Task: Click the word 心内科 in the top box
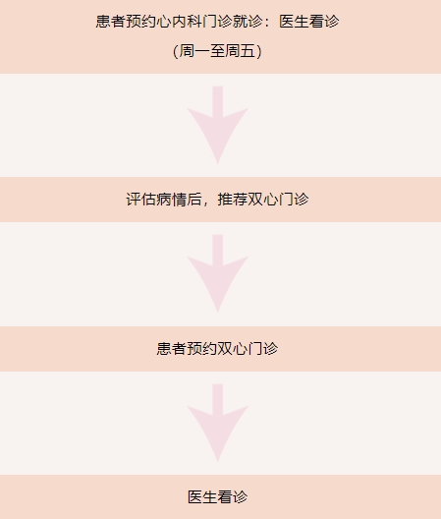click(x=180, y=22)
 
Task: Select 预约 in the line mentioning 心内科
click(x=141, y=22)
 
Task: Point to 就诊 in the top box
click(x=248, y=22)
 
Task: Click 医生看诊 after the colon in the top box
click(x=309, y=22)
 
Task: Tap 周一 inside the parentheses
click(x=194, y=51)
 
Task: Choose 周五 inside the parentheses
click(x=241, y=51)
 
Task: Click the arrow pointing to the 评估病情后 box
click(x=218, y=125)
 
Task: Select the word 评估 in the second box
click(x=141, y=200)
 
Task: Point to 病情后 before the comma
click(x=180, y=200)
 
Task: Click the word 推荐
click(x=233, y=200)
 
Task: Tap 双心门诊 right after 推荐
click(x=278, y=200)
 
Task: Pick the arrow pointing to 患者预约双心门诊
click(x=218, y=273)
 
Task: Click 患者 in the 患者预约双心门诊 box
click(x=172, y=349)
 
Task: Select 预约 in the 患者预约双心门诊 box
click(x=202, y=349)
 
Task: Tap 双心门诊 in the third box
click(x=248, y=349)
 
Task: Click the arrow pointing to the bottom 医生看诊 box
click(x=218, y=424)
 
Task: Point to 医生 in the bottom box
click(x=202, y=497)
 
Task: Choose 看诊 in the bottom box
click(x=233, y=497)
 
